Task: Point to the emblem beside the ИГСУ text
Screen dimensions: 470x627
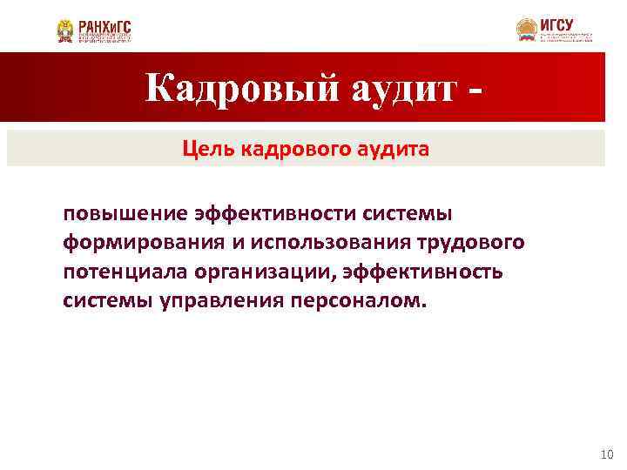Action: click(526, 30)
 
